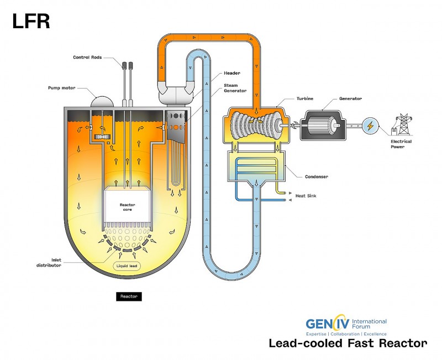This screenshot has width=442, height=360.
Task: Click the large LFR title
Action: pyautogui.click(x=31, y=22)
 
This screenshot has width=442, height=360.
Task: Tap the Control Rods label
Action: pyautogui.click(x=87, y=58)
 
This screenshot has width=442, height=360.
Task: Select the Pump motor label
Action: pyautogui.click(x=62, y=88)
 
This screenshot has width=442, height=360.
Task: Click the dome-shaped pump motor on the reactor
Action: pyautogui.click(x=102, y=102)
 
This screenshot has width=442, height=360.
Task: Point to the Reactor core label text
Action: pyautogui.click(x=128, y=207)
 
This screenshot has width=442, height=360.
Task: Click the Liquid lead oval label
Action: pyautogui.click(x=127, y=266)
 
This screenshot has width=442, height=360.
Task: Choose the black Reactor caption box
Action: pyautogui.click(x=129, y=296)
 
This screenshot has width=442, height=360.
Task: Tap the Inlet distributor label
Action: pyautogui.click(x=49, y=263)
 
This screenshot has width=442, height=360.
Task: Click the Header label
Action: pyautogui.click(x=232, y=73)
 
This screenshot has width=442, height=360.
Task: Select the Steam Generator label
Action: pyautogui.click(x=235, y=88)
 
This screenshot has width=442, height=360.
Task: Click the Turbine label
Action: pyautogui.click(x=305, y=98)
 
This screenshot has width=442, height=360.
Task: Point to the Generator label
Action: pyautogui.click(x=350, y=98)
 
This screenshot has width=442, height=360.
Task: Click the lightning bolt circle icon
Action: pyautogui.click(x=370, y=126)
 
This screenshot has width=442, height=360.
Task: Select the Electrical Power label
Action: pyautogui.click(x=401, y=144)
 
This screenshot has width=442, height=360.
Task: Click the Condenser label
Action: pyautogui.click(x=317, y=176)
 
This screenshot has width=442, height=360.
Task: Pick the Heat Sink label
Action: pyautogui.click(x=306, y=196)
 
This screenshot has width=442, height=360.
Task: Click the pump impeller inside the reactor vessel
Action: pyautogui.click(x=102, y=137)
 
